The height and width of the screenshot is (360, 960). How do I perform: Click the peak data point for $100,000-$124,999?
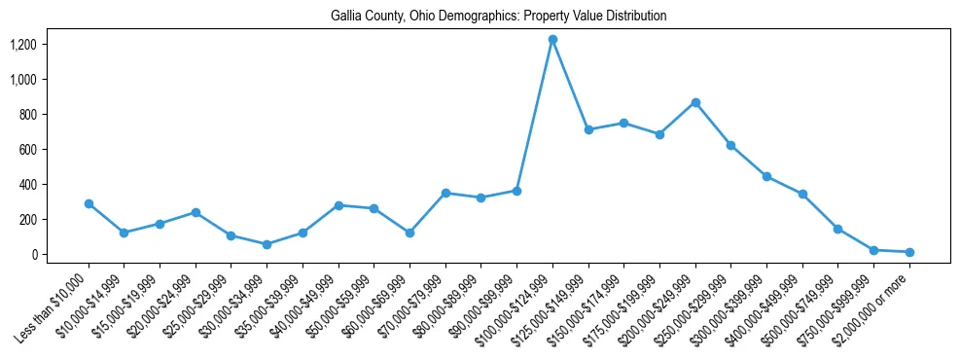(x=552, y=39)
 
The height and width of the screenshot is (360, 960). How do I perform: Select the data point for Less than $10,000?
(x=89, y=203)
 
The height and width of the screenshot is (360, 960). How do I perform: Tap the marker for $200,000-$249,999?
(x=695, y=102)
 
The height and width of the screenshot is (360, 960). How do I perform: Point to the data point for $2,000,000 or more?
(x=909, y=252)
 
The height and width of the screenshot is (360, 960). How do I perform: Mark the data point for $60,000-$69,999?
(x=409, y=233)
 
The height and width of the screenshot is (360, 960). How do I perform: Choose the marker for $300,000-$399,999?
(x=766, y=176)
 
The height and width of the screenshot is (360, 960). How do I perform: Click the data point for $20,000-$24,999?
(x=196, y=212)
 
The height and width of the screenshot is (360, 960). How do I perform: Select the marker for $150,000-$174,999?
(x=623, y=123)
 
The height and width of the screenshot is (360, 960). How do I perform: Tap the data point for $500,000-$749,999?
(x=838, y=229)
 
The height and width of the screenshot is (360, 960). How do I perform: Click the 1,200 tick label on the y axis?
(x=22, y=45)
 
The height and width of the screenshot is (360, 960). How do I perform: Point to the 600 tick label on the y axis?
(x=27, y=150)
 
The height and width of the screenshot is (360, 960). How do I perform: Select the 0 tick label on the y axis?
(x=34, y=255)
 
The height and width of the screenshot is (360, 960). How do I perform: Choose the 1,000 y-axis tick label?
(x=22, y=80)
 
